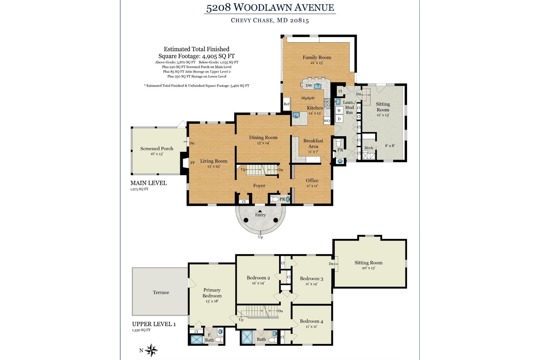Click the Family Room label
tap(316, 57)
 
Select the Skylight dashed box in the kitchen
tap(308, 98)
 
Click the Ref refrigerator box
tap(287, 104)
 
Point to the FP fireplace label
tap(193, 163)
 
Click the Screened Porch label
tap(157, 148)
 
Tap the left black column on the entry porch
tap(246, 220)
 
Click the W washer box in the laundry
tap(339, 110)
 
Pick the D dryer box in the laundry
tap(339, 119)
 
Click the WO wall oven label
tap(327, 121)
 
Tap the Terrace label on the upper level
tap(161, 292)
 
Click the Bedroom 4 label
tap(311, 321)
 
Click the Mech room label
tap(368, 148)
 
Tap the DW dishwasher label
tap(309, 86)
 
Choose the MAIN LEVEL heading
tap(148, 183)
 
